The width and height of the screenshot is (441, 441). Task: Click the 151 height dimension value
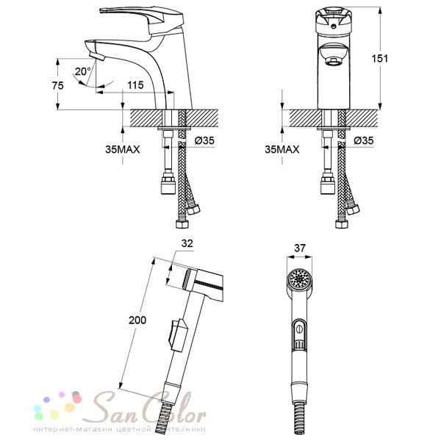(379, 59)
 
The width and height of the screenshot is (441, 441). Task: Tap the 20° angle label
(82, 71)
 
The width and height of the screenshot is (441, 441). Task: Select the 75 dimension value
(57, 85)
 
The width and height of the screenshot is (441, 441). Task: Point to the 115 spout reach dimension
(135, 85)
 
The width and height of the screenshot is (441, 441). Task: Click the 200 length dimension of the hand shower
(137, 320)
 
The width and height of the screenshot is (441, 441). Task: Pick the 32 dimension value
(187, 243)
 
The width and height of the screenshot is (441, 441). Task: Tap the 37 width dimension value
(300, 248)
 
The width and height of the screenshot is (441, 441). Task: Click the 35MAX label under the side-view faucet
(123, 149)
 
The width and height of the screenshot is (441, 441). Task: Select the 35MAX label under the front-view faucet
(282, 149)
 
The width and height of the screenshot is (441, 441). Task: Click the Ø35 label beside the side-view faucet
(204, 140)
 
